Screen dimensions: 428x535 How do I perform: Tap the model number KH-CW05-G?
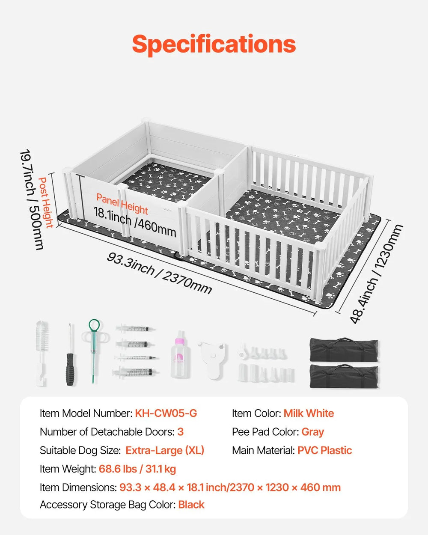(x=166, y=413)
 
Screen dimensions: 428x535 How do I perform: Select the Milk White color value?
(x=309, y=413)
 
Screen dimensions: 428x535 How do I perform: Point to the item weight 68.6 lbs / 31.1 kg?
(x=137, y=469)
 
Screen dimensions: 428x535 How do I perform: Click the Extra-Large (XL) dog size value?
(x=165, y=451)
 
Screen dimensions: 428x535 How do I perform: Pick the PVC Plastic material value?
(x=324, y=451)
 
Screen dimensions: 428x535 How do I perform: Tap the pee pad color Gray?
(x=312, y=432)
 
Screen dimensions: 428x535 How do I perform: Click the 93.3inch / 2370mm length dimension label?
(x=159, y=273)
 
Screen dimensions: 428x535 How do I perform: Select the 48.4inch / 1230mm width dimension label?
(x=376, y=274)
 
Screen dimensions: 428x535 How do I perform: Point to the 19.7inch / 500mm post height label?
(x=32, y=199)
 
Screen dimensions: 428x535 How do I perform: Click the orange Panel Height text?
(x=122, y=204)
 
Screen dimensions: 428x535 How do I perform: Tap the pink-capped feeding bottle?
(x=179, y=355)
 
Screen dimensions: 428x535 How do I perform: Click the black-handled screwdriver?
(x=70, y=355)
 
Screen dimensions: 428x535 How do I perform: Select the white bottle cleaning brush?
(x=42, y=353)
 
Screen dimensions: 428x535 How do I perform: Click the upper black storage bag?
(x=344, y=349)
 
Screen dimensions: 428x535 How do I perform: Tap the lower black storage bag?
(x=344, y=376)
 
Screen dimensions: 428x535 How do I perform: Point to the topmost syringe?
(x=135, y=328)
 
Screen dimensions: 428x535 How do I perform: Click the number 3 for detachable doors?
(x=180, y=432)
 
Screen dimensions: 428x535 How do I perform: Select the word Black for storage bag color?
(x=191, y=505)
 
